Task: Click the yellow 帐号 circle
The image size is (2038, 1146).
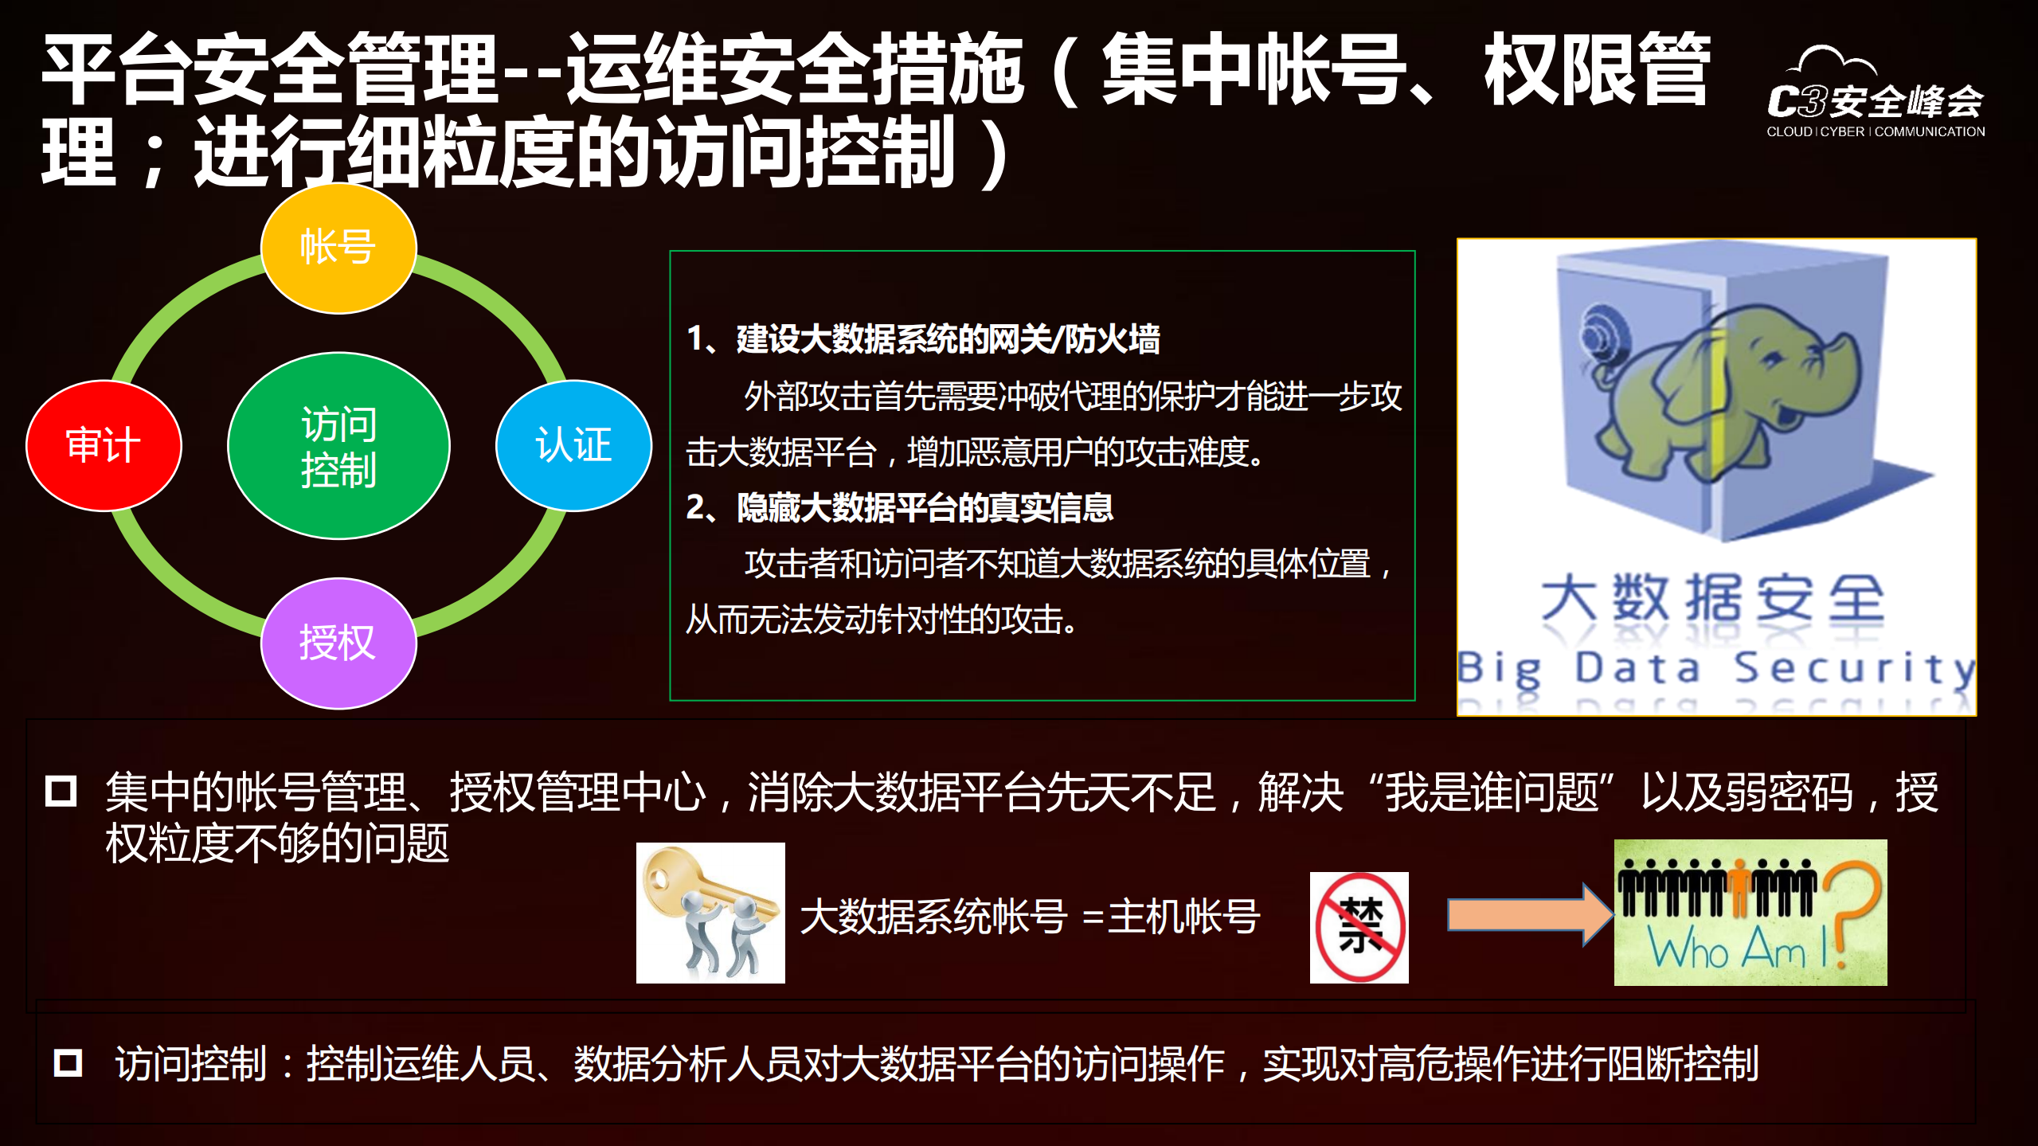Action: click(x=338, y=248)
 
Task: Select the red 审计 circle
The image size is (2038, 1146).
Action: click(x=104, y=445)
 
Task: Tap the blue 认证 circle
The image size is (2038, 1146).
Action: click(x=573, y=445)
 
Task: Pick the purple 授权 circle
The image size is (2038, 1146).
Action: click(x=338, y=643)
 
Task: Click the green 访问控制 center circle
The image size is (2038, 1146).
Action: click(x=338, y=446)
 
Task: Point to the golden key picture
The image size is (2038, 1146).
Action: click(x=710, y=913)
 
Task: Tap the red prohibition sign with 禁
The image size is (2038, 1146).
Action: click(x=1359, y=928)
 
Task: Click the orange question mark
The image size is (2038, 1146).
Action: click(x=1852, y=908)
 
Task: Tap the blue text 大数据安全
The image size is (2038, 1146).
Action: click(x=1712, y=599)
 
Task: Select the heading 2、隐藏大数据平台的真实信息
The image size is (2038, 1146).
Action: click(x=900, y=508)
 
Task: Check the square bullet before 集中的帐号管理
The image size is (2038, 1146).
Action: click(x=61, y=792)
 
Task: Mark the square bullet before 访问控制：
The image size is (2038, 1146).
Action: click(x=68, y=1062)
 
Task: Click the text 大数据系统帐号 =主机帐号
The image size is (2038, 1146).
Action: click(x=1029, y=916)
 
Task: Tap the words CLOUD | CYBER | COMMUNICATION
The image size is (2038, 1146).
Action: click(x=1876, y=132)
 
